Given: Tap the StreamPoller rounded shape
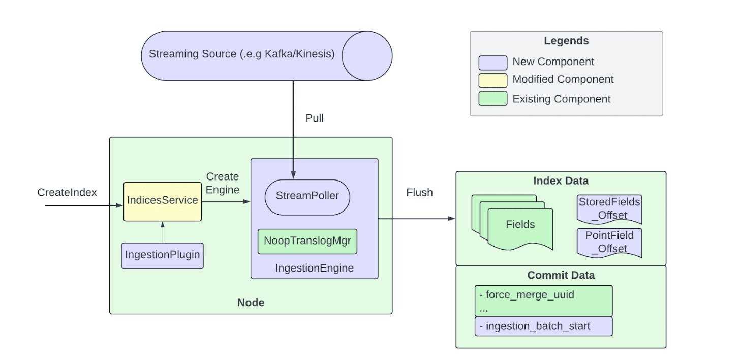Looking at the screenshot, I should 307,196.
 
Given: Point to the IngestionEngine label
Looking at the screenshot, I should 314,268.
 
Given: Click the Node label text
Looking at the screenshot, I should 251,303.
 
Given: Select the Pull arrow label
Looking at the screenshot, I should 314,118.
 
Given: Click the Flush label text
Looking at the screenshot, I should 419,193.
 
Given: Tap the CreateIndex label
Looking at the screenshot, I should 67,193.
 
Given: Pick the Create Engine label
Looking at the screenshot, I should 222,183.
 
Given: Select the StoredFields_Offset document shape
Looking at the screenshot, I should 609,209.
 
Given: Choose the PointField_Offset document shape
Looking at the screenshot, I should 609,243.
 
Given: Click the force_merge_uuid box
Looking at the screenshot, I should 543,301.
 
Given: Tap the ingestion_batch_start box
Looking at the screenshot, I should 543,326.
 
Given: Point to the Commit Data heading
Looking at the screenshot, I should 561,276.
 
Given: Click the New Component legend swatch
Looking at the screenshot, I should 492,63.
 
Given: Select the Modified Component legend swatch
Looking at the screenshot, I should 492,80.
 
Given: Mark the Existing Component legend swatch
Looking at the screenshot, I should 492,99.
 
